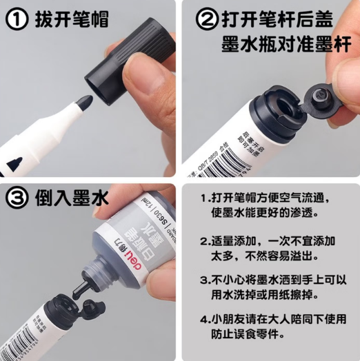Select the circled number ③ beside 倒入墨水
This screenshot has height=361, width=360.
tap(17, 199)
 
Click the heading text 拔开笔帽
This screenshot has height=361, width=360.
tap(71, 20)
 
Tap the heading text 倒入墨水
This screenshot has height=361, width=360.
tap(71, 199)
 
